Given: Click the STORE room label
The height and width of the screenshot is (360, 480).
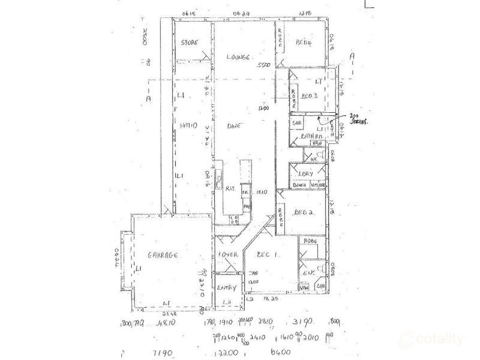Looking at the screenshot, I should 190,43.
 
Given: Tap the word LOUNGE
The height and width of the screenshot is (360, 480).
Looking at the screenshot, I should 238,57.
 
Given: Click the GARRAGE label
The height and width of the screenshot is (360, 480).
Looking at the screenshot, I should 164,256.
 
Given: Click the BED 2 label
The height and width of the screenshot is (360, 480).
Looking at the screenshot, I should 305,213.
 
